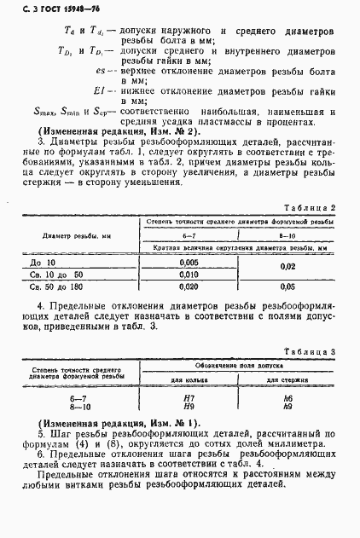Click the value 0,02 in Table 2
(x=288, y=269)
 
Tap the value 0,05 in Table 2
(x=288, y=287)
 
